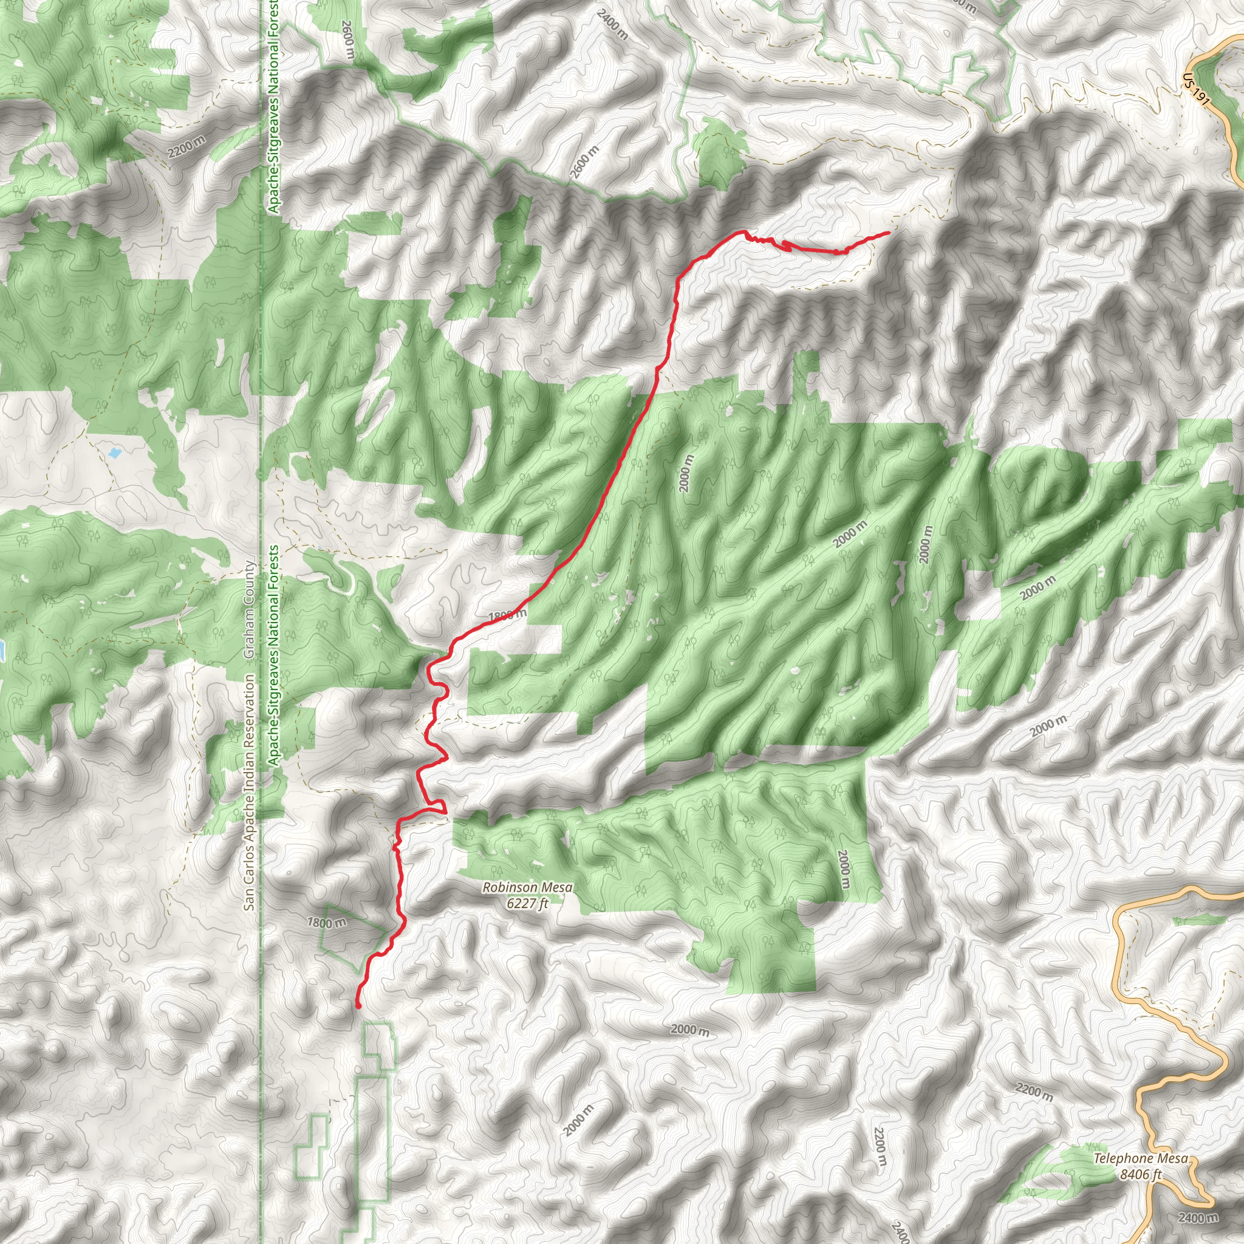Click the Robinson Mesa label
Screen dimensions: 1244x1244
527,888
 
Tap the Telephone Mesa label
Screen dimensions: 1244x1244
1140,1158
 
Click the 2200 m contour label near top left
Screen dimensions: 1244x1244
186,148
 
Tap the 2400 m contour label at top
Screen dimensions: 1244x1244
612,24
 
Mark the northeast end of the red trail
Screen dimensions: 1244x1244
889,233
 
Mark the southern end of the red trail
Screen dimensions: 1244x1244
358,1005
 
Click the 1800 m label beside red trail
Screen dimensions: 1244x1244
507,615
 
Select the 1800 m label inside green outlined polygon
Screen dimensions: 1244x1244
326,923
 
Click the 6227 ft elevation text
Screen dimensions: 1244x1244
527,903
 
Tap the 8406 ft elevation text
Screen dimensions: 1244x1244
1140,1175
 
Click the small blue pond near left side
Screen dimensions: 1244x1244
115,453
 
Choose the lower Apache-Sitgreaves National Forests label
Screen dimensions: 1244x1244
274,655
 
